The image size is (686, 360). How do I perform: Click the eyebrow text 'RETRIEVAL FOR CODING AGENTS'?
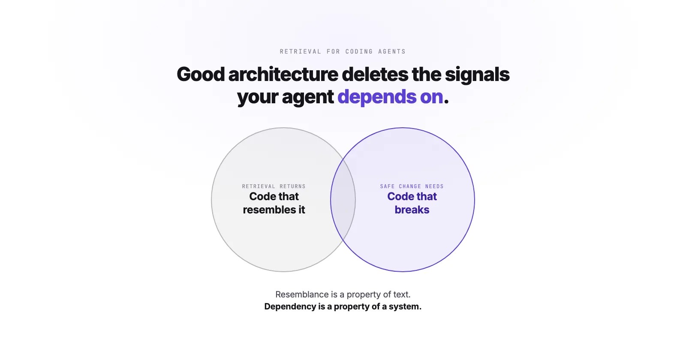point(343,51)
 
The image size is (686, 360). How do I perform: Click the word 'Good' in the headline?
point(201,75)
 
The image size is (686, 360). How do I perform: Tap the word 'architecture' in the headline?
point(283,75)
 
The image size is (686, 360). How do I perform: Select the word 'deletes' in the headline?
point(375,75)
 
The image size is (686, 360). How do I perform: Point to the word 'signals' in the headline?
point(477,75)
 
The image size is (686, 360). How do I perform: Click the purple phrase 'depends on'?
point(390,97)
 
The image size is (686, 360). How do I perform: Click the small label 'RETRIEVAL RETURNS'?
point(274,186)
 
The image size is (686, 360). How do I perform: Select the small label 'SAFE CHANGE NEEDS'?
point(412,186)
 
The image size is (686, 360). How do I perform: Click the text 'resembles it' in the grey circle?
point(274,210)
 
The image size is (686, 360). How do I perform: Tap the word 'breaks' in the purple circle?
point(412,210)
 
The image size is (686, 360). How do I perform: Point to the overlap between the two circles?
point(343,200)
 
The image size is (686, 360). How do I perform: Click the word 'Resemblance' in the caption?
point(302,294)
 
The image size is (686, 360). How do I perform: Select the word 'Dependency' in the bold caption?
point(290,306)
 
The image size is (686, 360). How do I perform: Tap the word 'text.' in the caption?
point(402,294)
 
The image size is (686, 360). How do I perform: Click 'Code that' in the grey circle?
point(274,196)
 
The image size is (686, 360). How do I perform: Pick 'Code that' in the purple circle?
point(412,196)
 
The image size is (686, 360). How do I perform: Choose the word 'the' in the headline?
point(427,75)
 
